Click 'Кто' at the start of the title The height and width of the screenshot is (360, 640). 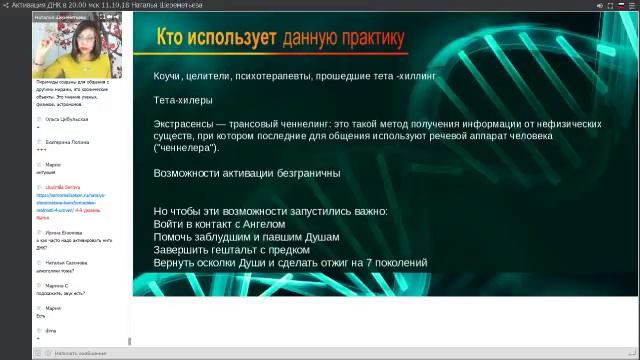coord(176,40)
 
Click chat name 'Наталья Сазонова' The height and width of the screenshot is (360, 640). coord(67,262)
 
